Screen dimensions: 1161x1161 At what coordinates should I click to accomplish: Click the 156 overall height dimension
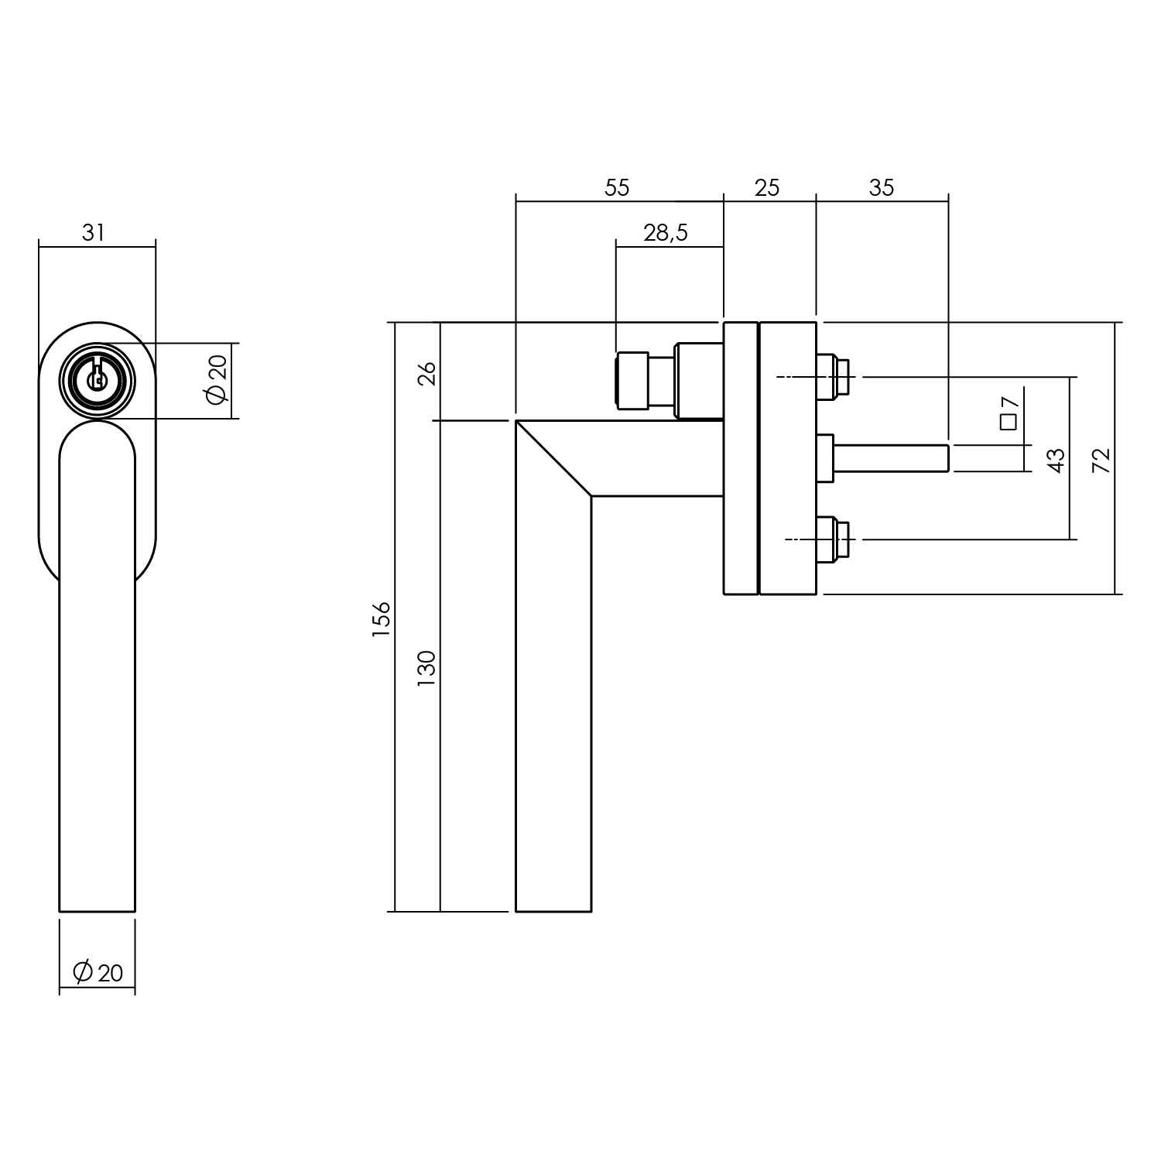pos(382,618)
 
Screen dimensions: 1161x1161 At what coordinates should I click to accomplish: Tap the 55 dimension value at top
pos(618,188)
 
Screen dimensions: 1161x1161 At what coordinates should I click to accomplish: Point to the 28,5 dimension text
pos(665,231)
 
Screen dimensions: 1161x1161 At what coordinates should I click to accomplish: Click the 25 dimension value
pos(766,188)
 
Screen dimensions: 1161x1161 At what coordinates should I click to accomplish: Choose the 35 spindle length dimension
pos(882,188)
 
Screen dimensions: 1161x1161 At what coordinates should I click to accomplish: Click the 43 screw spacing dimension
pos(1056,460)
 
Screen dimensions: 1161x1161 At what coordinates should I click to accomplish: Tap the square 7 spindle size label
pos(1008,412)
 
